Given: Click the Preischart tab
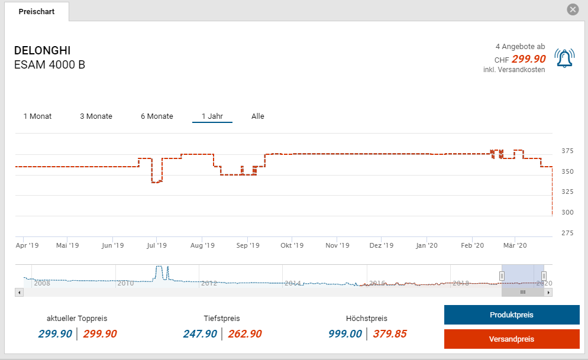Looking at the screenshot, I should [36, 12].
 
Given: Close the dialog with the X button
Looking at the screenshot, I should [572, 9].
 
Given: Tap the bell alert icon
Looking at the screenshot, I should [564, 59].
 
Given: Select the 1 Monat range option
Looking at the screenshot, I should [37, 116].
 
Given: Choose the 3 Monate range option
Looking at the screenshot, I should [96, 116].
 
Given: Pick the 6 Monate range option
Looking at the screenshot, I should [157, 116].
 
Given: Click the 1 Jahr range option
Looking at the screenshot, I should [212, 116].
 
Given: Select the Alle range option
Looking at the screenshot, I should [258, 116].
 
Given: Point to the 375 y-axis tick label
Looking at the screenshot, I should [567, 151].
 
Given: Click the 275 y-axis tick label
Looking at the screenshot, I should [567, 233].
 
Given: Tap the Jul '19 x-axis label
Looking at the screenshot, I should [157, 245].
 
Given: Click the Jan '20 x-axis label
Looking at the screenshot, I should [426, 245].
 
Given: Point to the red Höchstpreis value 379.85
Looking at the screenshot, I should [389, 334].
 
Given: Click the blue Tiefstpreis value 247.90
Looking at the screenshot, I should [200, 334].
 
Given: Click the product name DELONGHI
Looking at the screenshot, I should [42, 51].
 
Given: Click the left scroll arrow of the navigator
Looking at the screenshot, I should [19, 292].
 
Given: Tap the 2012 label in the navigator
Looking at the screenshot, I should [209, 283].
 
